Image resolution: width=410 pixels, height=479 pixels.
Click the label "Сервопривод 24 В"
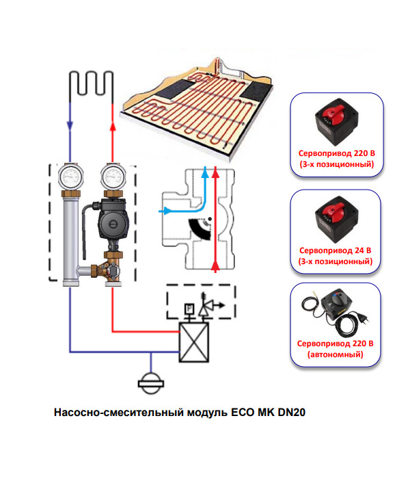click(x=335, y=250)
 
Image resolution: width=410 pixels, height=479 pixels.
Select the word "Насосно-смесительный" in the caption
click(x=105, y=413)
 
